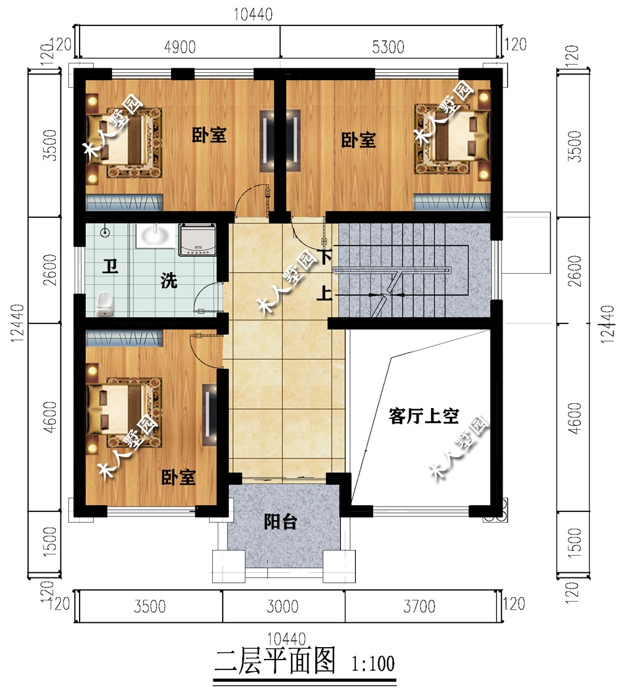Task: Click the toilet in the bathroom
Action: click(104, 304)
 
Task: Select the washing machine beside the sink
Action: click(198, 240)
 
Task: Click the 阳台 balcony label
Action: click(280, 522)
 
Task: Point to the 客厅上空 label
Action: click(424, 416)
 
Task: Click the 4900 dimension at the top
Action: click(180, 47)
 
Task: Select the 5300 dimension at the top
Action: click(388, 47)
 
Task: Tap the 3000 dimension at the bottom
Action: click(283, 607)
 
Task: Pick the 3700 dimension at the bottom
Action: click(419, 607)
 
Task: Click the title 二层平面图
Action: click(275, 661)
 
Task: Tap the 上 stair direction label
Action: click(324, 294)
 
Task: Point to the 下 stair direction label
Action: click(325, 257)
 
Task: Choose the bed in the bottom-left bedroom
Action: click(124, 410)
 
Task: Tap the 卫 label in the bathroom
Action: click(110, 266)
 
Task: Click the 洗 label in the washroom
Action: click(169, 281)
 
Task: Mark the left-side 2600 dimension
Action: click(51, 270)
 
